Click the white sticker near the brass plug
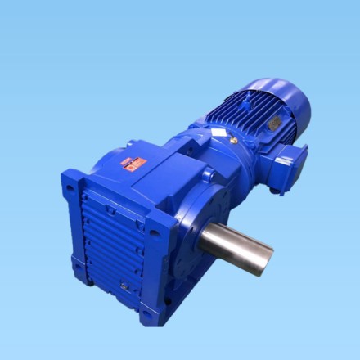(x=218, y=132)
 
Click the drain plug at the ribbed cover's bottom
(x=124, y=286)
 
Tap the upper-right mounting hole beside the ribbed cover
(x=152, y=232)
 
